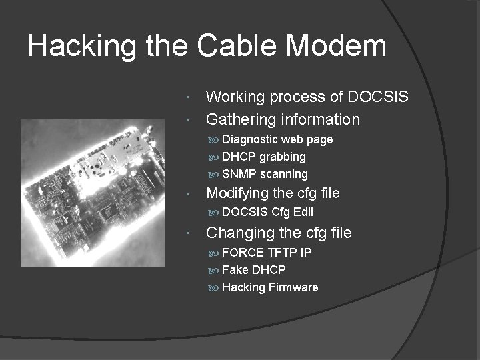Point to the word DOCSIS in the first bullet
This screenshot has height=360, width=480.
pos(378,97)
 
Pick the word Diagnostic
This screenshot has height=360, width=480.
pos(249,139)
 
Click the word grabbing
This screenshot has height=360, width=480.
pos(283,157)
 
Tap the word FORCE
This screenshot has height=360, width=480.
pos(243,253)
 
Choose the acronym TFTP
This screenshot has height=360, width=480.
pos(282,253)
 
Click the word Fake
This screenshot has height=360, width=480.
pos(235,270)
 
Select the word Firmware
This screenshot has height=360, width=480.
pos(293,287)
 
